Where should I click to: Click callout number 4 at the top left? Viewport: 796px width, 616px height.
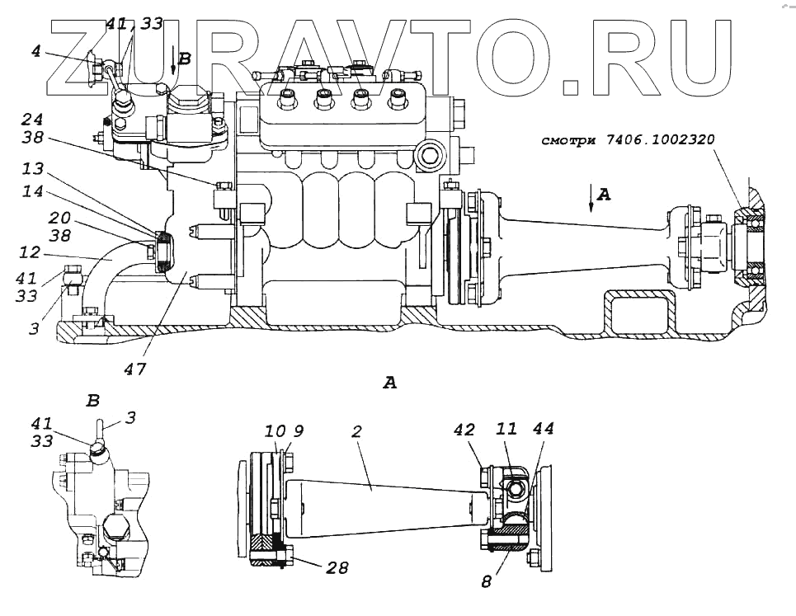pos(35,50)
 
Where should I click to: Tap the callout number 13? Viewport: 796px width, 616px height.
pos(34,169)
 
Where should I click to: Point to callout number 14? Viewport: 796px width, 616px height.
pos(34,190)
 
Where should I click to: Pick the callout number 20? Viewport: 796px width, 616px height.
pos(35,218)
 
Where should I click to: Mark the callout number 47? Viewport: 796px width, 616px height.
pos(134,370)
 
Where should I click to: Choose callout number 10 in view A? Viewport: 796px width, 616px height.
pos(275,432)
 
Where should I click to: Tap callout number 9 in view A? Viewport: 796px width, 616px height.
pos(299,432)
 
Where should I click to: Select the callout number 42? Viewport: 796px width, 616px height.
pos(465,430)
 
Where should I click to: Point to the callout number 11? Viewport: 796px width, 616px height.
pos(507,430)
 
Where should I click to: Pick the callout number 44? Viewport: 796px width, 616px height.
pos(543,430)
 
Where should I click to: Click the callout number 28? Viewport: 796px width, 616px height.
pos(337,568)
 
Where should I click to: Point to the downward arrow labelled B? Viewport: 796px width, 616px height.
pos(172,62)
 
